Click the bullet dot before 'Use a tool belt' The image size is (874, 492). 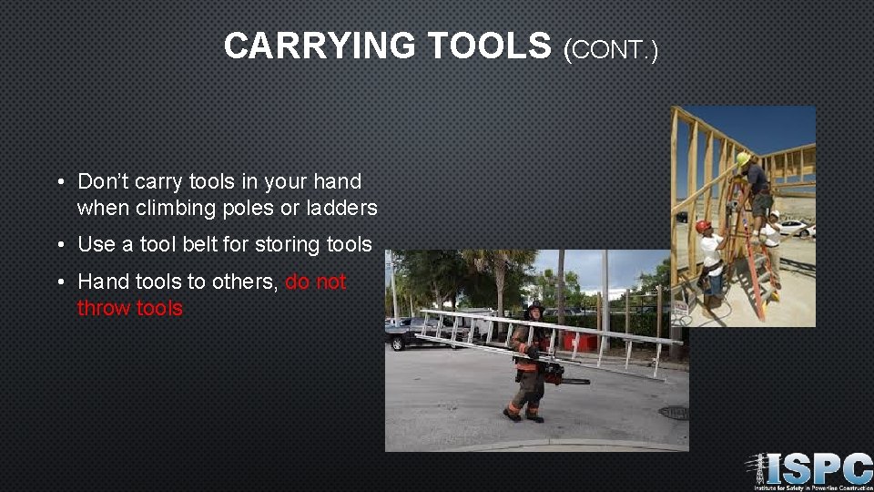coord(59,245)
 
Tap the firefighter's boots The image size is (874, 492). coord(523,415)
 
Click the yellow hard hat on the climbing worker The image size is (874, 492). coord(743,159)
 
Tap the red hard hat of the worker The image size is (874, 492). coord(703,226)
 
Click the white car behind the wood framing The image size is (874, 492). coord(794,227)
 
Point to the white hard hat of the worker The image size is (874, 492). coord(774,217)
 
